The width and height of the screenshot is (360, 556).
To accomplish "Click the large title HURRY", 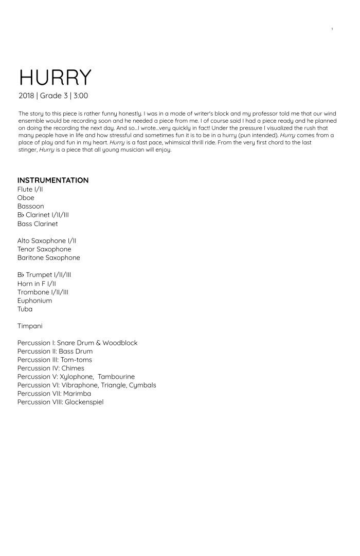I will click(x=55, y=77).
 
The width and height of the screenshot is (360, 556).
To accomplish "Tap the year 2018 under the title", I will click(x=26, y=96).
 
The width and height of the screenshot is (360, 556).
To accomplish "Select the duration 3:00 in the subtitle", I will click(x=81, y=96).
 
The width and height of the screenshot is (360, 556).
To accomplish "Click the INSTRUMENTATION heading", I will click(x=53, y=180).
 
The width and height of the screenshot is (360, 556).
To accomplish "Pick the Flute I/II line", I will click(x=30, y=189).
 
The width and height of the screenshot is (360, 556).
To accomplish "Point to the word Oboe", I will click(x=26, y=198).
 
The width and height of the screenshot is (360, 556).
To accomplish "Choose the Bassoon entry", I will click(x=30, y=206).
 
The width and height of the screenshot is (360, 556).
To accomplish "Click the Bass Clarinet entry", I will click(x=38, y=224).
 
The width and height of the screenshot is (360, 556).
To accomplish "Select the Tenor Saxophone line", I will click(x=44, y=249).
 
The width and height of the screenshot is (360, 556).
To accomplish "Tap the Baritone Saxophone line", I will click(x=49, y=257).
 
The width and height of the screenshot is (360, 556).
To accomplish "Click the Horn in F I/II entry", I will click(x=37, y=284).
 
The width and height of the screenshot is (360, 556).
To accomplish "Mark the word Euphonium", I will click(x=34, y=301).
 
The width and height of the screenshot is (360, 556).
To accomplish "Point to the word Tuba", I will click(x=25, y=309).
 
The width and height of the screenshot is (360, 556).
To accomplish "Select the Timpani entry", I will click(x=30, y=326).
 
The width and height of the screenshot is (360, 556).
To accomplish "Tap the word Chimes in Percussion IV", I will click(x=73, y=368).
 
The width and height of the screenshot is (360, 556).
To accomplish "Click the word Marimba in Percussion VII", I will click(x=77, y=394).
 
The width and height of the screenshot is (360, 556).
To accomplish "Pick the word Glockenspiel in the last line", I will click(x=84, y=402).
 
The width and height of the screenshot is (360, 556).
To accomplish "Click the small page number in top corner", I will click(x=332, y=29).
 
